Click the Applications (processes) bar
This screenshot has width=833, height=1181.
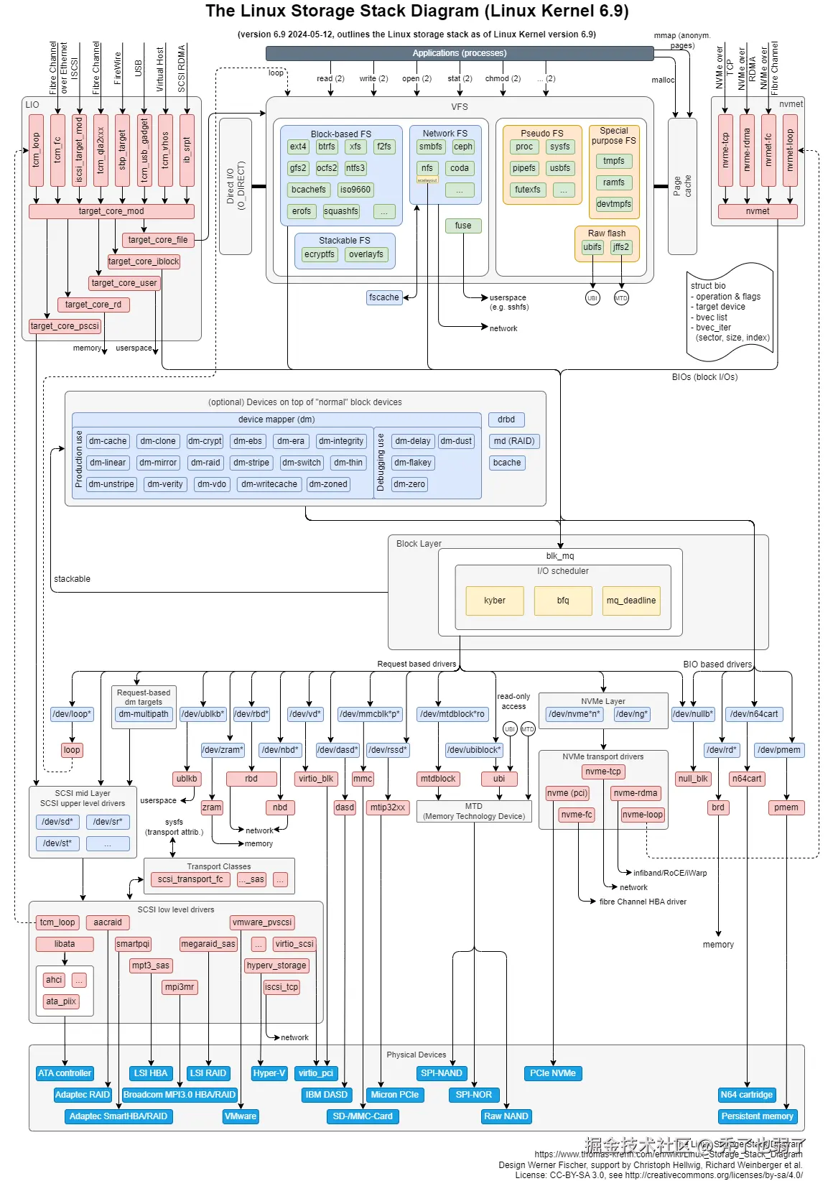(460, 53)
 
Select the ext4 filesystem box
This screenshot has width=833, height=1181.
(298, 147)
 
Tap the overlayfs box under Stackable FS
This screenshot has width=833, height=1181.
(366, 254)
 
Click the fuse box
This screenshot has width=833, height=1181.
(463, 226)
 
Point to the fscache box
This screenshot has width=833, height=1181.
(384, 297)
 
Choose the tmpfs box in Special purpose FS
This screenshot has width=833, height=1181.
(614, 161)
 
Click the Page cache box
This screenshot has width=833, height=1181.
(682, 186)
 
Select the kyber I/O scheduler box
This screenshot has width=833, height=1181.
(495, 601)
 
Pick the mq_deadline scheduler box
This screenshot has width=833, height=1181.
(631, 601)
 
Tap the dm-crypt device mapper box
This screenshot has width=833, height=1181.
(205, 441)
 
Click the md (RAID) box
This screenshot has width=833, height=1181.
(514, 441)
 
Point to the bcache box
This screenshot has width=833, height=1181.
(507, 463)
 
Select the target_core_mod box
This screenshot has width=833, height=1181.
(111, 211)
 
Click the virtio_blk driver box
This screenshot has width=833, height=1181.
(316, 779)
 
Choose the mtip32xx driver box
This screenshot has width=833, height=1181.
(388, 807)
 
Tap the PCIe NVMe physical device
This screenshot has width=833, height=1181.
(553, 1073)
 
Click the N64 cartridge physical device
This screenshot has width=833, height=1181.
(747, 1095)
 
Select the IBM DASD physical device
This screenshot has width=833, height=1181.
(327, 1095)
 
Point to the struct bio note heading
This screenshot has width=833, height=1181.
(708, 286)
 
